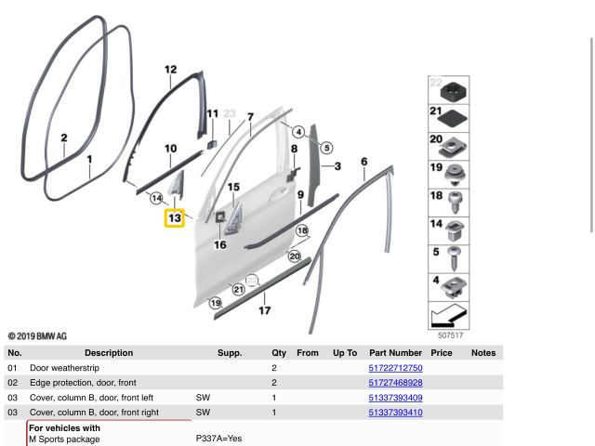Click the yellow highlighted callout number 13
(x=174, y=217)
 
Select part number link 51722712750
(x=395, y=368)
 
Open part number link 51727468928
(x=395, y=383)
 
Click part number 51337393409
(x=395, y=398)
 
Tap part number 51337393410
(x=395, y=413)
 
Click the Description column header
(x=109, y=353)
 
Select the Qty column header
(x=279, y=353)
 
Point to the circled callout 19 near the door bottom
(x=216, y=303)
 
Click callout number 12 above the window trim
(x=170, y=70)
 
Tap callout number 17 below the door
(x=265, y=311)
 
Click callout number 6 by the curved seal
(x=364, y=162)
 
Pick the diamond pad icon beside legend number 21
(x=457, y=116)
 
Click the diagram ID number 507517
(x=450, y=334)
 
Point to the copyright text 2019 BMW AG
(x=37, y=336)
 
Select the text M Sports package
(x=64, y=439)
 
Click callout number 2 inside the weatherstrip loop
(x=63, y=139)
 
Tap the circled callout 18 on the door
(x=302, y=230)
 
